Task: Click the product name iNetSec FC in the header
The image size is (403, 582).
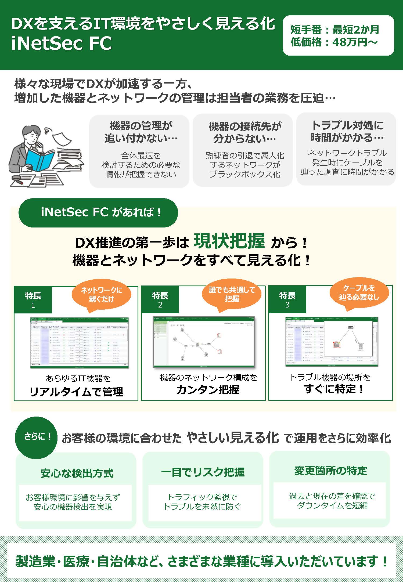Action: tap(61, 44)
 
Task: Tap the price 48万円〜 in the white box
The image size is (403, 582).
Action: tap(355, 42)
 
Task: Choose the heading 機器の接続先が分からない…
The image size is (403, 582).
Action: tap(244, 132)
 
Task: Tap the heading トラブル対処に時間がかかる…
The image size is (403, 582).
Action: tap(347, 131)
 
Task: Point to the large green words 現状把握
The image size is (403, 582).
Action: tap(229, 241)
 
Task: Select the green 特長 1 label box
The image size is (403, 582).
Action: tap(33, 300)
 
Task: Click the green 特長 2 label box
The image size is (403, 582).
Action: tap(160, 300)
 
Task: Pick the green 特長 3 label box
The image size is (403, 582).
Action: tap(287, 300)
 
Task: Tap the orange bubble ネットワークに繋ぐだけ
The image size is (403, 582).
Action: tap(101, 295)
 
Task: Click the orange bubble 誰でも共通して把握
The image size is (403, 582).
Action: tap(232, 294)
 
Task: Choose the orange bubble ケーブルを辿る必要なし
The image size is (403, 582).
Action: tap(359, 293)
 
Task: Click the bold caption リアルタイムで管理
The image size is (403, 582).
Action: tap(76, 392)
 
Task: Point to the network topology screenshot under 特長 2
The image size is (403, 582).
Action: tap(203, 342)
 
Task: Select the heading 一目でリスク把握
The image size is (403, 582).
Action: tap(203, 472)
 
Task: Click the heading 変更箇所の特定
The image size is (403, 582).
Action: tap(330, 471)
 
